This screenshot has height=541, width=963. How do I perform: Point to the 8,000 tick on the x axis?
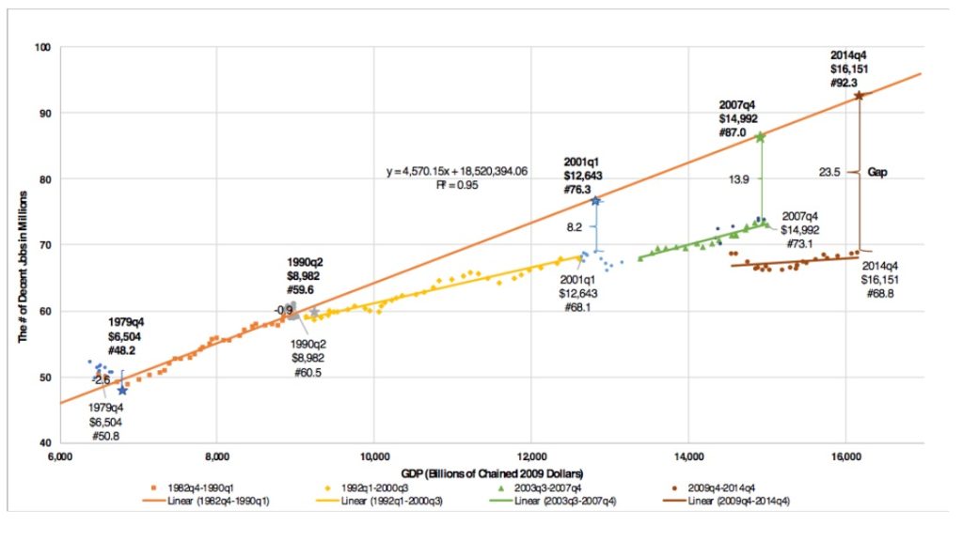216,459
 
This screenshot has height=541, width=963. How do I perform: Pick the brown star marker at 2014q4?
859,95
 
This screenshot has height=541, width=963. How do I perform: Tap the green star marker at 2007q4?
760,137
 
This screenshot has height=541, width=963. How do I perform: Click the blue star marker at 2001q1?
595,200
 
